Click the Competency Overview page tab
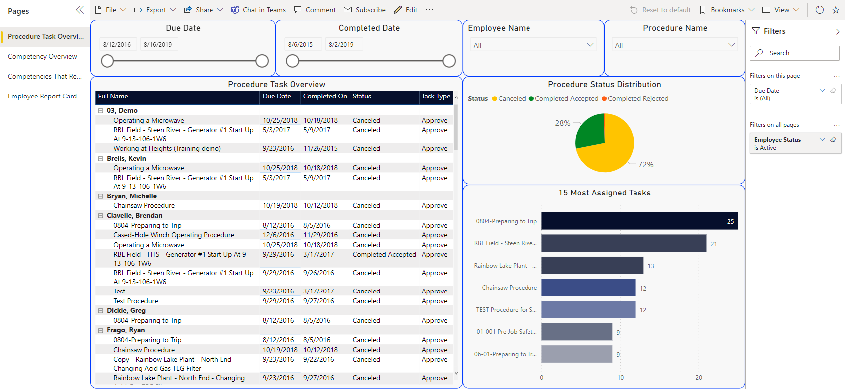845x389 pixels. [42, 57]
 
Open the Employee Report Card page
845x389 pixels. [42, 97]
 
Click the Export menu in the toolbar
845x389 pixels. [155, 10]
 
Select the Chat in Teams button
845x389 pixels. [258, 10]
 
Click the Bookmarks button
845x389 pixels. [727, 10]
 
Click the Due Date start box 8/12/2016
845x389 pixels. [117, 45]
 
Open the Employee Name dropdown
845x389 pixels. [533, 45]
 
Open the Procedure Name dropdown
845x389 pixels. [674, 45]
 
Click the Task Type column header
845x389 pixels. [436, 97]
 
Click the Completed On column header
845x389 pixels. [325, 97]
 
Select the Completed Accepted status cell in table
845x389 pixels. [384, 255]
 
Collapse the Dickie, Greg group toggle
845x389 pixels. [101, 311]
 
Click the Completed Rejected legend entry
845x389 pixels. [637, 99]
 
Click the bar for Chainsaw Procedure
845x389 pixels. [588, 288]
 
